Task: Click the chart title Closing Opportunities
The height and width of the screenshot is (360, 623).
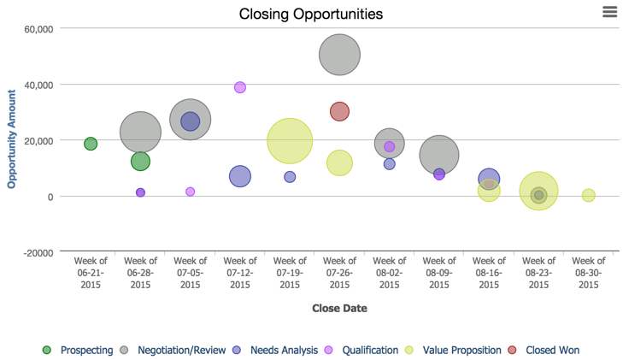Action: point(310,14)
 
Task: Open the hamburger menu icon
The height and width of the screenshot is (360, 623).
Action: point(609,11)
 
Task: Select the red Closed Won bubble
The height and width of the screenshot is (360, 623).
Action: point(339,111)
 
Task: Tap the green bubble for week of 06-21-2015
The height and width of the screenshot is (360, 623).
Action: point(91,144)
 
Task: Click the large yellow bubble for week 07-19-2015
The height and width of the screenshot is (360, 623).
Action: point(290,141)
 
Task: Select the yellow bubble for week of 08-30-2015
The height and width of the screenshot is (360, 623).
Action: point(588,195)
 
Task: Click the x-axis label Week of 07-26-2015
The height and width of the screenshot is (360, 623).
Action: point(339,273)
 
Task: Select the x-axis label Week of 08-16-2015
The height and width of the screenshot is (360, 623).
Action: point(489,273)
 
